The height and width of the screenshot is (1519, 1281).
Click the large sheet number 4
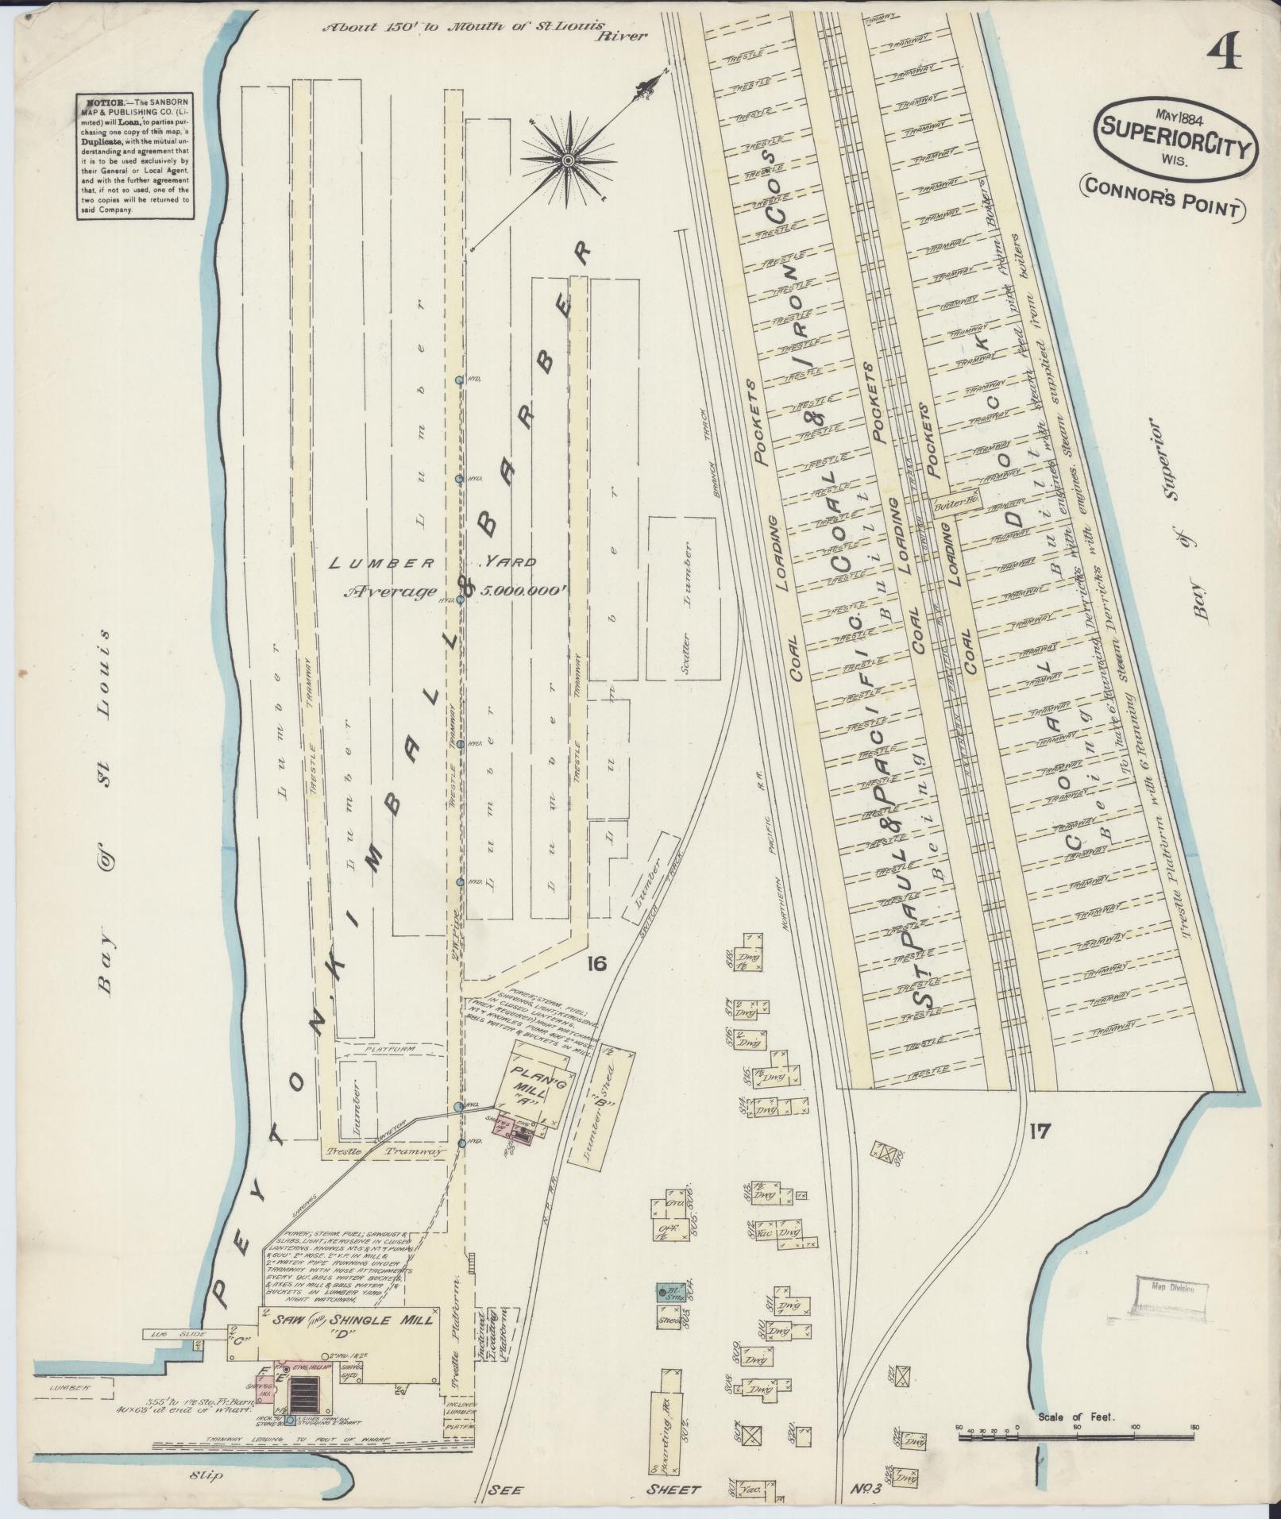(1225, 56)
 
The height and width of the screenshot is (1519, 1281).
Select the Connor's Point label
(1160, 207)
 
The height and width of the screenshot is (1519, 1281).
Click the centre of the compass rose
(567, 160)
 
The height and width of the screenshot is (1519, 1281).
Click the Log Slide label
(167, 1268)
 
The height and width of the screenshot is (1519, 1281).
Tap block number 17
(1037, 1130)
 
